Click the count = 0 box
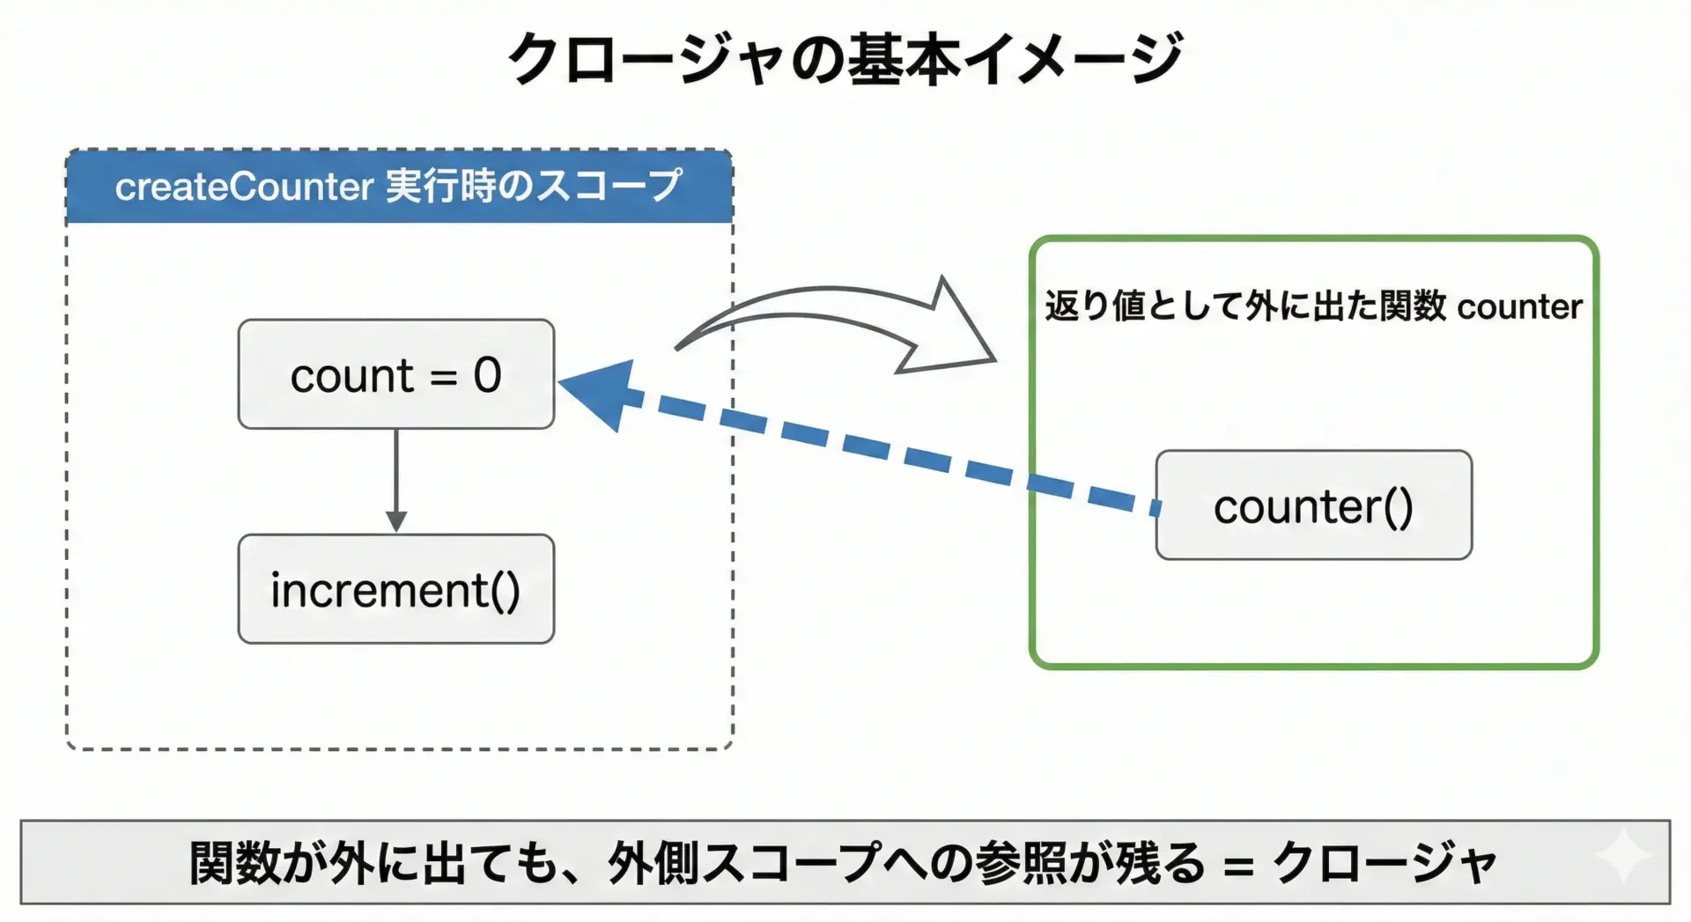click(x=395, y=374)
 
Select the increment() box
click(x=395, y=589)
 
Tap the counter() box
click(x=1313, y=505)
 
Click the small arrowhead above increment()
click(x=396, y=520)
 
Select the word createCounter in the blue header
click(x=244, y=187)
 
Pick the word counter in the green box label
click(x=1519, y=307)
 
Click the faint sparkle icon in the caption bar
click(x=1623, y=855)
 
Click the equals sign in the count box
click(x=443, y=378)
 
